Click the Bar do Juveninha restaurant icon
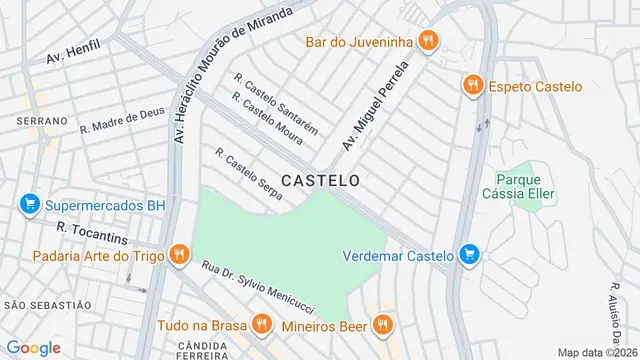[x=429, y=41]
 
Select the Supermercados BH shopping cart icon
[x=29, y=205]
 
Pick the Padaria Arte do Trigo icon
[x=179, y=255]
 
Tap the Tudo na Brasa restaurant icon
[x=261, y=324]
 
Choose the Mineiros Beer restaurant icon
[x=381, y=324]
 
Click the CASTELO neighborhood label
[x=320, y=181]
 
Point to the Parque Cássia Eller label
[x=518, y=187]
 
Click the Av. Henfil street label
[x=73, y=52]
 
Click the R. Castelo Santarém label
[x=275, y=103]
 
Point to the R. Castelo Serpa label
[x=248, y=179]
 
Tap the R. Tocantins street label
[x=92, y=235]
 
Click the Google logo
[x=34, y=347]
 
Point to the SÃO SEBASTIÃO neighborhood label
[x=47, y=304]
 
